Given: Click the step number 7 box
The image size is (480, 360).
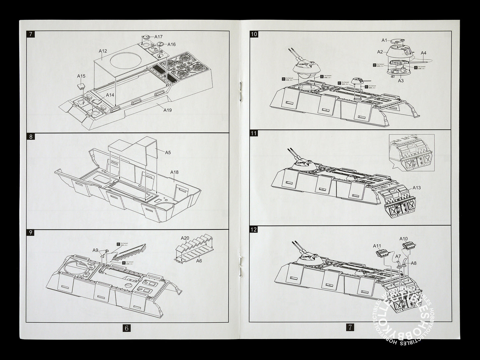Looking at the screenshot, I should click(31, 34).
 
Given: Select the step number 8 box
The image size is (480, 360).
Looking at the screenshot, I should click(31, 136).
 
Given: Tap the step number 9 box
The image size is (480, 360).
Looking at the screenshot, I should click(31, 232).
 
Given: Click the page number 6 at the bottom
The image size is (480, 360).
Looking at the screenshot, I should click(127, 327).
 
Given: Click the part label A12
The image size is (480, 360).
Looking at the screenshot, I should click(103, 51).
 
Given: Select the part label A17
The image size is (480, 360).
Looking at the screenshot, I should click(158, 37).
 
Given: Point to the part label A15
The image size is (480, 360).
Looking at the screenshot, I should click(81, 76).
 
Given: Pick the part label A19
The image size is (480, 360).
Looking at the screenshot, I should click(167, 110).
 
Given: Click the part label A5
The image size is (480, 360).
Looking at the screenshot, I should click(168, 152).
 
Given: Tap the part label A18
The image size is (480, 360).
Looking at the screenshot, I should click(174, 172).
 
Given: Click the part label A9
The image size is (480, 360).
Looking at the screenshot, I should click(95, 250).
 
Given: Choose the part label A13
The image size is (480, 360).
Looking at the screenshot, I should click(417, 188).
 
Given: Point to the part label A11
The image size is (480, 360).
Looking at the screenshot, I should click(377, 246).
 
